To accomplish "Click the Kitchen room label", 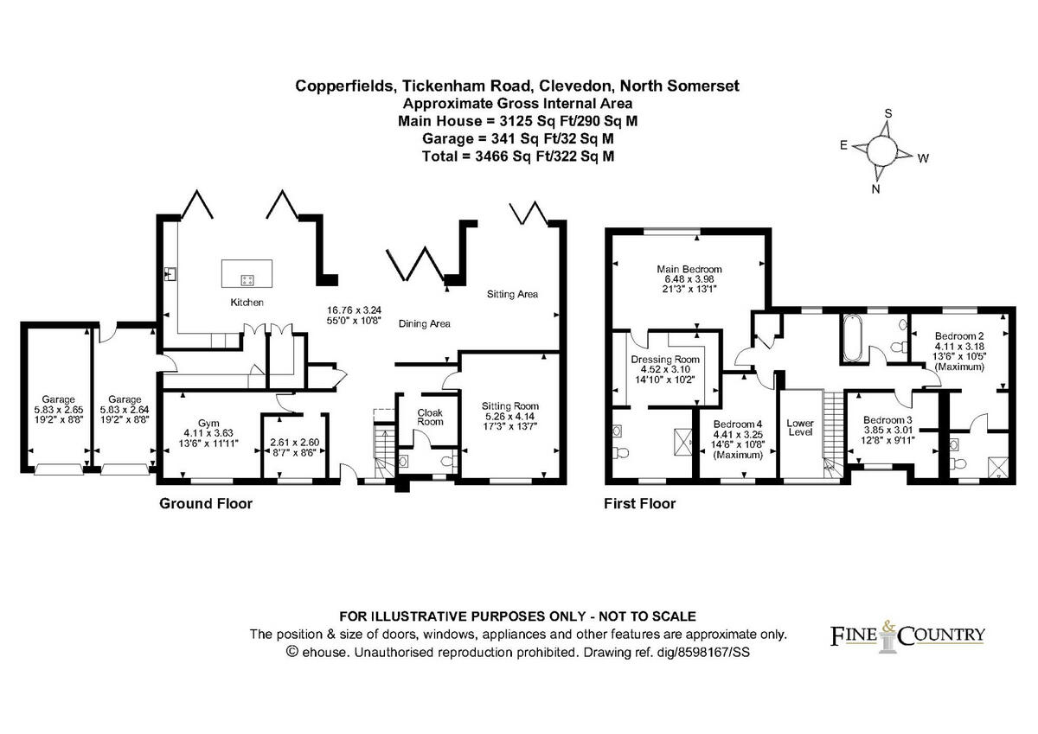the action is coord(247,303).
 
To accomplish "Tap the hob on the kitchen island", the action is coord(247,280).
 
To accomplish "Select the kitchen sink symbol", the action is coord(170,274).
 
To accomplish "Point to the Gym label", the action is coord(208,423).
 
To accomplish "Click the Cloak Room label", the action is coord(430,417).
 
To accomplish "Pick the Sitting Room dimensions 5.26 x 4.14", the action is coord(510,416).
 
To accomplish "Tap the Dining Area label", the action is coord(425,323).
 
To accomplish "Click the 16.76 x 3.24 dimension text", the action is coord(354,310).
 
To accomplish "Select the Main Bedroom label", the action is coord(689,269).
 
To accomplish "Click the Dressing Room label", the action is coord(665,360).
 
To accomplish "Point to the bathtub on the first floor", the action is coord(852,338).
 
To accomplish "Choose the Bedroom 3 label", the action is coord(887,420).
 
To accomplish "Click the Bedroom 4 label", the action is coord(738,424).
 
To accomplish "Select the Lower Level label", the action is coord(800,427).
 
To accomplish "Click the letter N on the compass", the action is coord(875,189).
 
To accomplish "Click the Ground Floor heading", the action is coord(206,503).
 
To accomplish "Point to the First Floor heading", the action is coord(639,503).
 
